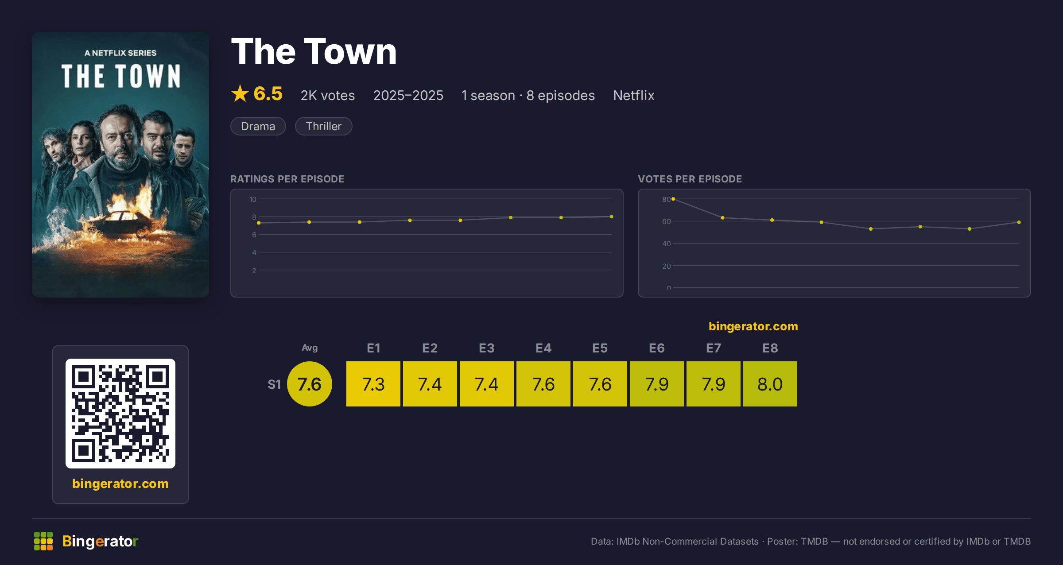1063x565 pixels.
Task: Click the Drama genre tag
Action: click(x=258, y=126)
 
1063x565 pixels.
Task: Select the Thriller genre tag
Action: click(x=324, y=126)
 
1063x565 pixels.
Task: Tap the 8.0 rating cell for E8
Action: click(x=770, y=384)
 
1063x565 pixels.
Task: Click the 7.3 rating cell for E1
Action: click(x=373, y=384)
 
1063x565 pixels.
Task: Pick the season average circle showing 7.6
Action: click(x=310, y=384)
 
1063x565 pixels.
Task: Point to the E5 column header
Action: click(x=600, y=348)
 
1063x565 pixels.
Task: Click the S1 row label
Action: click(x=274, y=384)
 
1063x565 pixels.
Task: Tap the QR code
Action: click(x=120, y=414)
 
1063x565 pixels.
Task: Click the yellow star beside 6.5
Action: click(x=240, y=93)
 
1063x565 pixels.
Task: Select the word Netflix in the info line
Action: click(x=634, y=95)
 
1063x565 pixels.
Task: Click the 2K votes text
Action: click(x=328, y=95)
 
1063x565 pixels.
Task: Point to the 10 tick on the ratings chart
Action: click(x=253, y=199)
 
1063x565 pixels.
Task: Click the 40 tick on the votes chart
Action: click(x=667, y=244)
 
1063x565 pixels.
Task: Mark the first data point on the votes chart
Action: click(x=673, y=199)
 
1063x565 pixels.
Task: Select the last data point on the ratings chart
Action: click(x=612, y=217)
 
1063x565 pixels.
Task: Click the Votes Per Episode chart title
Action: click(x=690, y=179)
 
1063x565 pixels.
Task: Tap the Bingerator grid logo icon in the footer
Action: click(x=43, y=541)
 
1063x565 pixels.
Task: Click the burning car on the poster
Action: click(x=122, y=221)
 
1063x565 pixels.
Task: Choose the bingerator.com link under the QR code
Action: click(x=120, y=484)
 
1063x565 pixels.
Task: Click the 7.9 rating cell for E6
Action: click(x=657, y=384)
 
